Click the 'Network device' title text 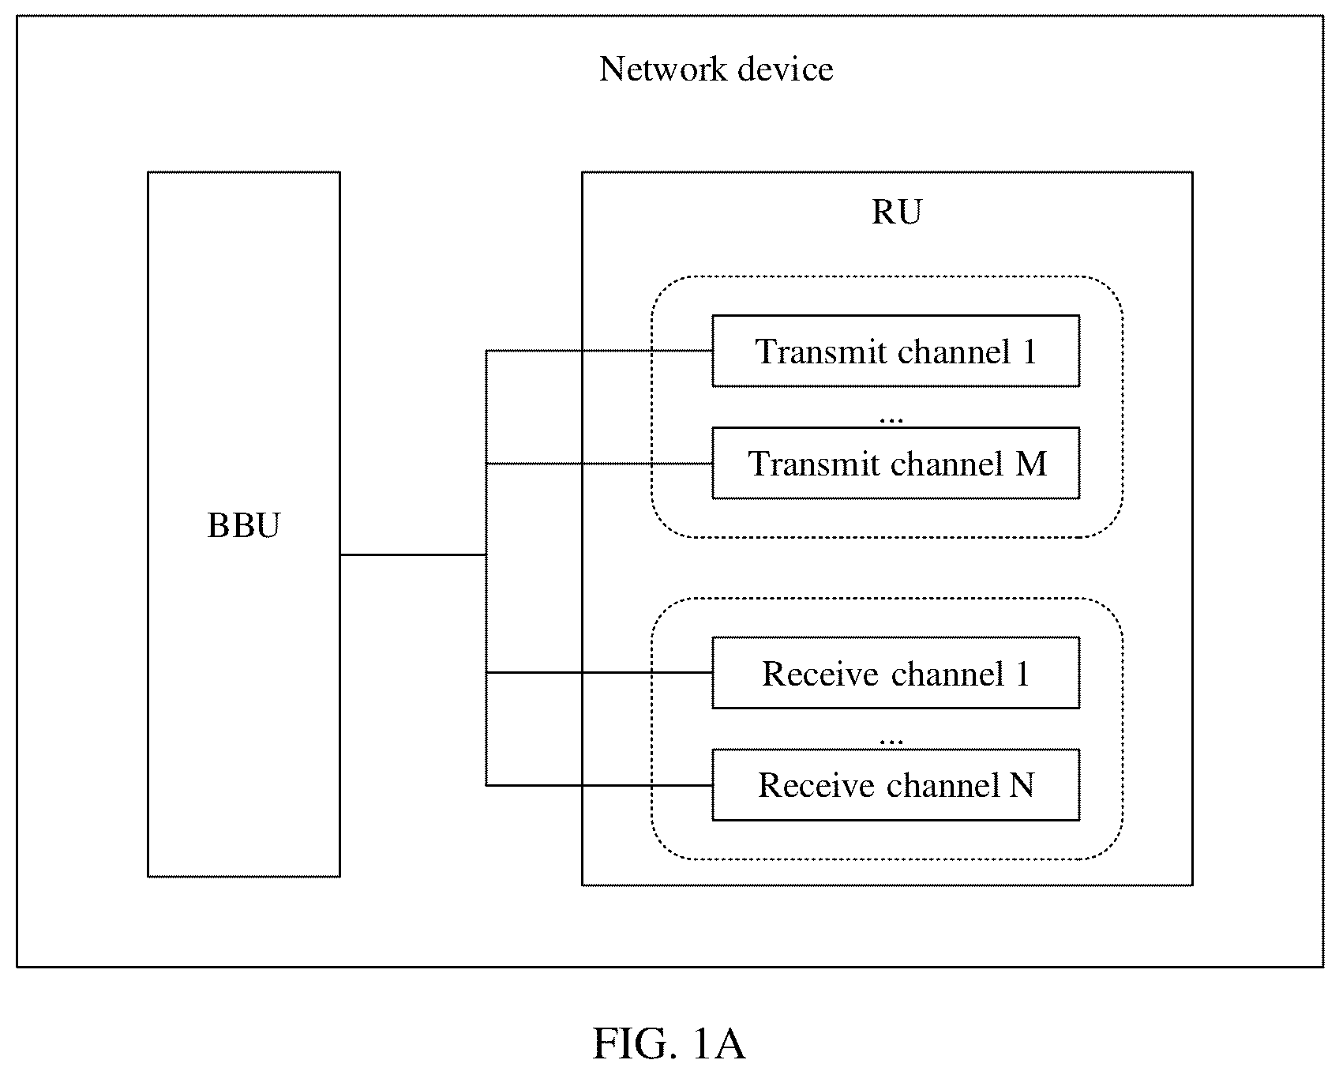tap(716, 69)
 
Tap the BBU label tap(243, 525)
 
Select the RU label tap(896, 212)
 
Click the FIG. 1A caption tap(669, 1044)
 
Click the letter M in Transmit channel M tap(1031, 464)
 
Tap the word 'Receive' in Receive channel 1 tap(820, 674)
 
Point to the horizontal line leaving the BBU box tap(413, 554)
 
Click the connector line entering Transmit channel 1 tap(599, 351)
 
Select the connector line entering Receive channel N tap(599, 785)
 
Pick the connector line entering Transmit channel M tap(599, 464)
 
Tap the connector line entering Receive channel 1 tap(599, 673)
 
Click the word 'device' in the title tap(786, 69)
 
